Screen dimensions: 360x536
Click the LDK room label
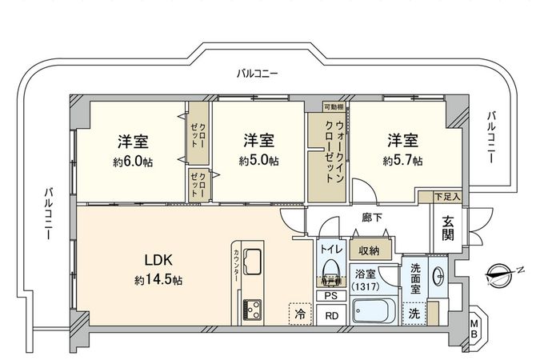click(158, 260)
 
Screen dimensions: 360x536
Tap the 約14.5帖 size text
click(158, 281)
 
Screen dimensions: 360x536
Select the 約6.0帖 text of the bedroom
click(133, 161)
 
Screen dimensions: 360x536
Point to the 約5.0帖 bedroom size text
click(258, 161)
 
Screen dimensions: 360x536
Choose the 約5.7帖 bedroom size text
click(402, 161)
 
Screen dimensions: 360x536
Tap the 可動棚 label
click(334, 107)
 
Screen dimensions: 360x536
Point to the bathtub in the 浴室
click(375, 310)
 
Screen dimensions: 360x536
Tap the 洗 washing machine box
click(414, 313)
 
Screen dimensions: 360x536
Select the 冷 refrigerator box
click(299, 314)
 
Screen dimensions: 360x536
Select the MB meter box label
click(474, 327)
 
